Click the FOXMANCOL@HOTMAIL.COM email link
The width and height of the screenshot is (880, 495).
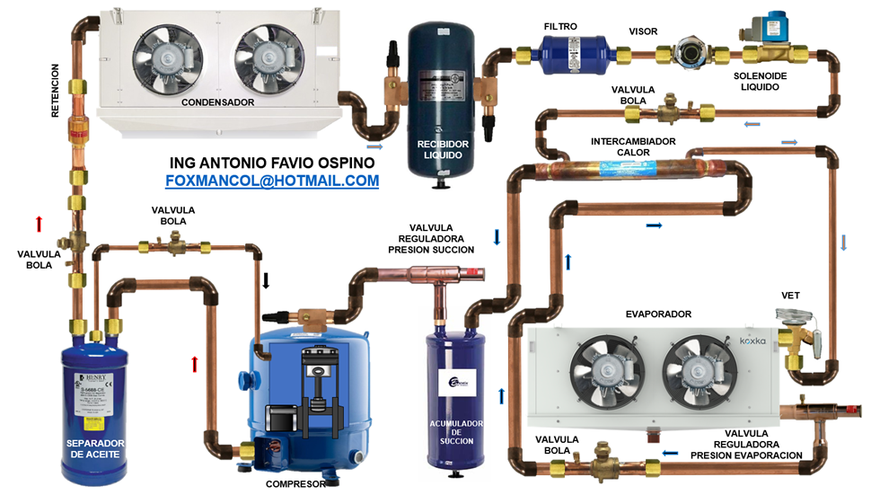click(x=272, y=181)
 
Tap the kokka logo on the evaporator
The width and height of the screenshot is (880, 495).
click(x=752, y=340)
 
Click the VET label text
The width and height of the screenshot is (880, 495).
click(x=791, y=295)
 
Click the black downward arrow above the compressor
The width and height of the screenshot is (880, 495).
click(x=266, y=280)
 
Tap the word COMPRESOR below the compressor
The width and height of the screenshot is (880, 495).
click(x=296, y=484)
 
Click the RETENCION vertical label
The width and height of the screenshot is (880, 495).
click(x=56, y=91)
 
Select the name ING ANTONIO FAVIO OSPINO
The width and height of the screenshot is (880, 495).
click(x=272, y=163)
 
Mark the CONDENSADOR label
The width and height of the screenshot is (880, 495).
click(x=217, y=102)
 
